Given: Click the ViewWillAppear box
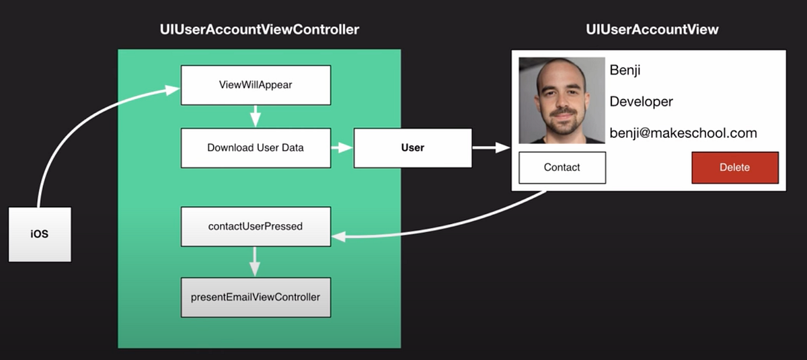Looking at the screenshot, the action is (256, 85).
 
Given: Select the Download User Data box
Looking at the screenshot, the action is (256, 148).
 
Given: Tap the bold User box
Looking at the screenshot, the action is (413, 148).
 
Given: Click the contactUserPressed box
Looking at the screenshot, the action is (256, 226).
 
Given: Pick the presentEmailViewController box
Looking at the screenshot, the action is (256, 297).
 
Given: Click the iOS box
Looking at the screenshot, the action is (40, 234).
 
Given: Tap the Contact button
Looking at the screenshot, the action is (562, 168).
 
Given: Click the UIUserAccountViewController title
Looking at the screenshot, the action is (260, 30).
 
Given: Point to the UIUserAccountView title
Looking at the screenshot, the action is (652, 30).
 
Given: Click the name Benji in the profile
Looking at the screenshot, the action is (625, 70).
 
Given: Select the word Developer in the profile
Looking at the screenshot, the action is (642, 102).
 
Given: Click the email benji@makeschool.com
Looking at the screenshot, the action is (683, 133).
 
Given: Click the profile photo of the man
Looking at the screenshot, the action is (562, 100).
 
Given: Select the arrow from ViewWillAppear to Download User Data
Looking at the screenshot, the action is (256, 116).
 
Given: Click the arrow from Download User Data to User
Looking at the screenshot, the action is (342, 147).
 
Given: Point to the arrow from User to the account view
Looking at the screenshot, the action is (491, 147).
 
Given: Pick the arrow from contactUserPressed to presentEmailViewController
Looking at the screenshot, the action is (255, 262).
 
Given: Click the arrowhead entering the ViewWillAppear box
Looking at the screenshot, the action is (172, 89).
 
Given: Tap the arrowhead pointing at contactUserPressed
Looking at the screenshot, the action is (339, 237).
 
